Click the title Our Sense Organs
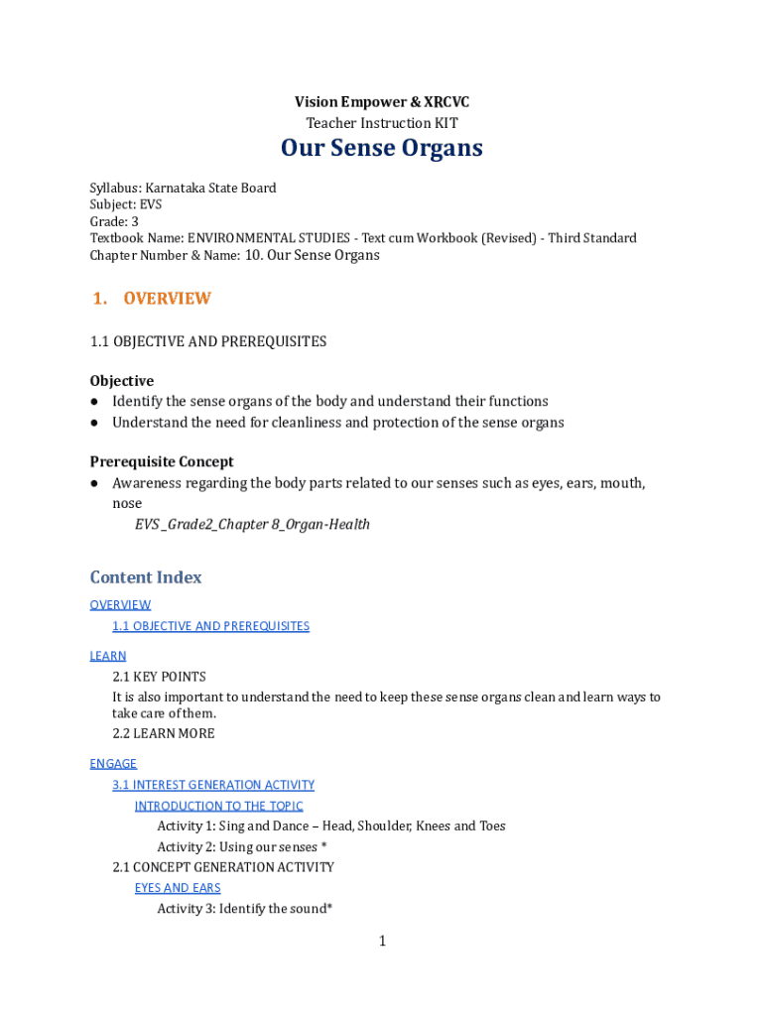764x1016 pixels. [x=381, y=149]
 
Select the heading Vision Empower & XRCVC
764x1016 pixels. [x=381, y=102]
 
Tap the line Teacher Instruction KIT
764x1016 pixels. [x=381, y=124]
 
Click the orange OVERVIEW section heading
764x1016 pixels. [x=167, y=299]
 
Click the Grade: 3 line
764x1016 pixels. [x=114, y=222]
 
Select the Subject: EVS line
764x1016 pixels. [x=126, y=205]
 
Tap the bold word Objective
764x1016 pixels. [x=122, y=381]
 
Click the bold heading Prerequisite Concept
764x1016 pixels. [x=162, y=461]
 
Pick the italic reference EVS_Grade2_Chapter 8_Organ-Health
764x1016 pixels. [x=252, y=524]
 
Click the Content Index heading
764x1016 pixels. [x=146, y=577]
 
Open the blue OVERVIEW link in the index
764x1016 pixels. [x=120, y=605]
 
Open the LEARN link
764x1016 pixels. [x=108, y=656]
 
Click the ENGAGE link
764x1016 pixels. [x=113, y=764]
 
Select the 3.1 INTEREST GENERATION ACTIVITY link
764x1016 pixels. [x=213, y=785]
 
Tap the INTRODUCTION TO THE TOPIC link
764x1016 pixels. [x=219, y=806]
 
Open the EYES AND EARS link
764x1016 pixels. [x=178, y=888]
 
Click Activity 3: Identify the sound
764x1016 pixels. [x=244, y=909]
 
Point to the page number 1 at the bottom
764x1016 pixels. [x=382, y=942]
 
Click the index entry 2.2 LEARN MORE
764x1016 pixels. [x=164, y=734]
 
